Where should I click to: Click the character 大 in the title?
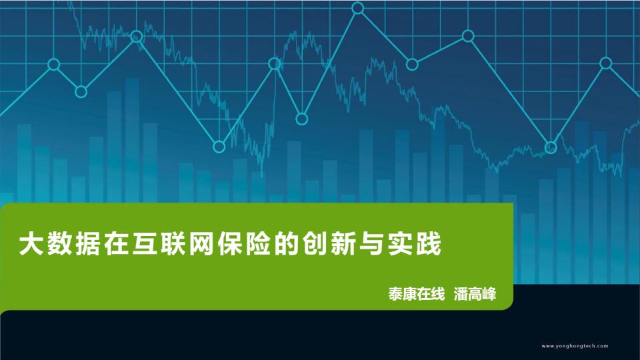31,244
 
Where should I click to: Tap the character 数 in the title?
59,244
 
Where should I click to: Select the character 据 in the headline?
88,244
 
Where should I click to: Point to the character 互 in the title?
145,244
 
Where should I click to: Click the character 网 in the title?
201,244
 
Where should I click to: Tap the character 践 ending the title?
429,244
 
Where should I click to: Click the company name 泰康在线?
416,294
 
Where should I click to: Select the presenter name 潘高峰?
475,294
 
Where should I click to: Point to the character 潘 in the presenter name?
461,294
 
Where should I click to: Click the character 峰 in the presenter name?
489,294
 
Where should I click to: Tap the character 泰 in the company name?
395,294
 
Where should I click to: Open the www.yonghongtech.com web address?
575,346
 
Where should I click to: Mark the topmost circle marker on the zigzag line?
357,8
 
